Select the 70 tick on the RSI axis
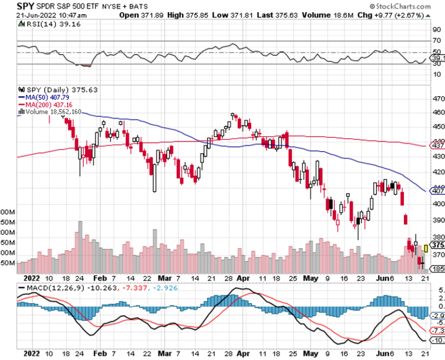click(437, 41)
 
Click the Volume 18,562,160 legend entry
click(53, 111)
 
